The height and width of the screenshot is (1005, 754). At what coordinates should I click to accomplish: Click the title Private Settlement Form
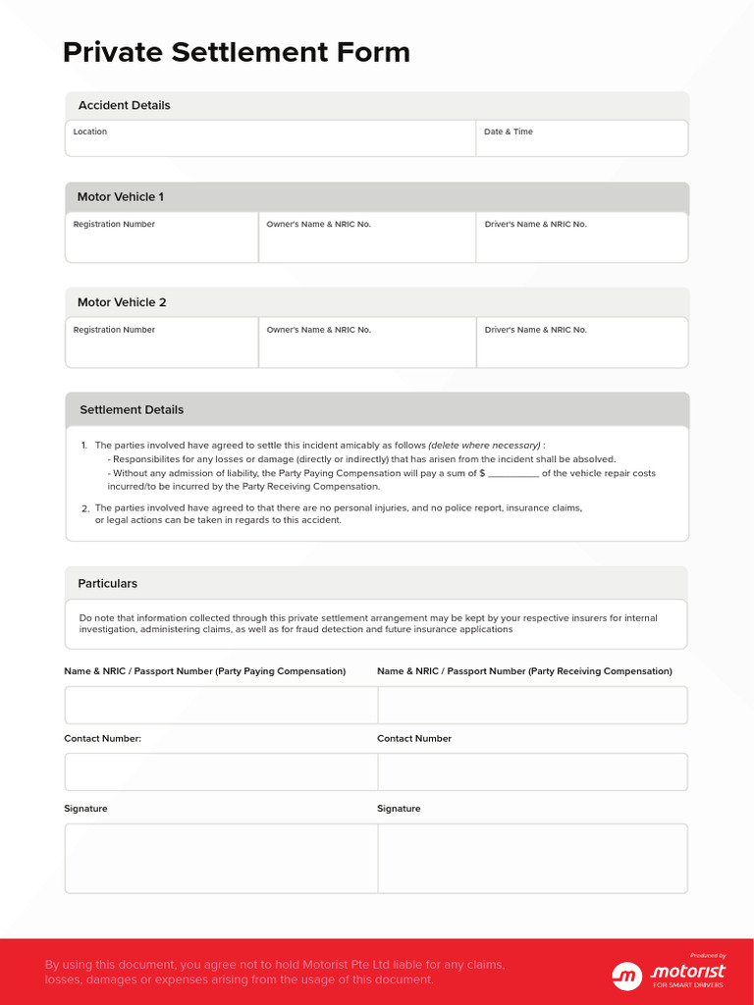point(236,52)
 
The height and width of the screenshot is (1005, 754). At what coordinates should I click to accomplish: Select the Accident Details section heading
point(124,105)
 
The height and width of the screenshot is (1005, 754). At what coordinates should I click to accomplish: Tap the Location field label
point(90,132)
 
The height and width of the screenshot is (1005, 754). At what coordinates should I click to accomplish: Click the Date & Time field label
point(508,132)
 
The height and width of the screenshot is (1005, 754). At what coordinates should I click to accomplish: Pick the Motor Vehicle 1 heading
point(121,197)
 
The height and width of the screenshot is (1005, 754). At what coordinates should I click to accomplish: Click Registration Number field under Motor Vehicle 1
point(161,240)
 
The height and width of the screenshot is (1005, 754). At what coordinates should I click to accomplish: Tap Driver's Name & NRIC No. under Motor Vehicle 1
point(581,240)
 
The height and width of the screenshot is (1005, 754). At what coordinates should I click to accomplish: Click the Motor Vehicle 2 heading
point(122,302)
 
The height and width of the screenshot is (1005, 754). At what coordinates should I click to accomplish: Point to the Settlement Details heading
point(132,409)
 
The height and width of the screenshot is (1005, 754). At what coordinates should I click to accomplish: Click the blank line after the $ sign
point(512,474)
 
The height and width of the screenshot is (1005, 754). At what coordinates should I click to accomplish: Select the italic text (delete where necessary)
point(484,446)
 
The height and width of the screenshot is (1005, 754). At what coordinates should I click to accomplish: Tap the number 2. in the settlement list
point(85,508)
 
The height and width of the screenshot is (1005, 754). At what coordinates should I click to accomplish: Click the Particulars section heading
point(108,583)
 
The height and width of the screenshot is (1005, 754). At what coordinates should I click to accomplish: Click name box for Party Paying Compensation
point(221,705)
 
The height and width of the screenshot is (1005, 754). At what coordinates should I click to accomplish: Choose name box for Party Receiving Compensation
point(532,705)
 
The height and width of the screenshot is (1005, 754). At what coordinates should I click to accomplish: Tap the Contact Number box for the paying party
point(221,771)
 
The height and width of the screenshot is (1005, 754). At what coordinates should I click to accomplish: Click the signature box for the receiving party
point(532,858)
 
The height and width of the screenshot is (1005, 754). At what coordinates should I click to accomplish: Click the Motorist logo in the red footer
point(669,974)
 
